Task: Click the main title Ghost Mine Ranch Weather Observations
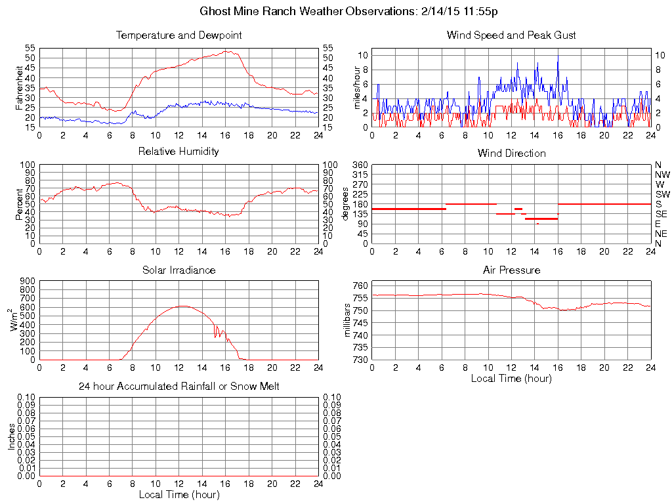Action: click(x=352, y=11)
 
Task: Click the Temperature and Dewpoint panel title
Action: click(x=178, y=35)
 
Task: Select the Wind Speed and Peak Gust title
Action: click(x=511, y=35)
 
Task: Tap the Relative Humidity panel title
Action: click(x=178, y=152)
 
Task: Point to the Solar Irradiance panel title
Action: click(x=178, y=270)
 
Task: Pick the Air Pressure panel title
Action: click(x=511, y=270)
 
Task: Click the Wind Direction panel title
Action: click(x=511, y=154)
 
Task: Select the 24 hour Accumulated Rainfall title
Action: click(x=178, y=387)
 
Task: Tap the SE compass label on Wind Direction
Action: click(x=661, y=214)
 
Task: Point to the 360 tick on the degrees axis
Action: click(x=360, y=165)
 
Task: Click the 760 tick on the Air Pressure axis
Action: click(x=360, y=285)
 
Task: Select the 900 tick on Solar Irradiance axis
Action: click(x=27, y=281)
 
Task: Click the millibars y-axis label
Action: click(x=348, y=322)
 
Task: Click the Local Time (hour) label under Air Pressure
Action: click(x=511, y=378)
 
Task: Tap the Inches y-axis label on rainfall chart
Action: click(x=11, y=436)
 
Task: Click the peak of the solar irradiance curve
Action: click(x=182, y=306)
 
